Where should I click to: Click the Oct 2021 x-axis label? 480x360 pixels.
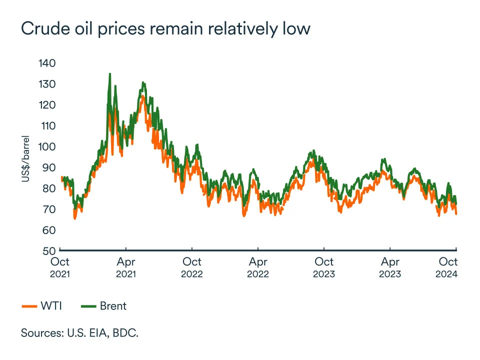60,267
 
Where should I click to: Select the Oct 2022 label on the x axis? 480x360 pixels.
192,267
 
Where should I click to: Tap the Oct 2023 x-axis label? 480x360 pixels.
324,267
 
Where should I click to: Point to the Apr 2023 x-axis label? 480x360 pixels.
390,267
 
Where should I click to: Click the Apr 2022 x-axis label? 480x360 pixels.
258,267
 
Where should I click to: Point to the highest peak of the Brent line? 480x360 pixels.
109,74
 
